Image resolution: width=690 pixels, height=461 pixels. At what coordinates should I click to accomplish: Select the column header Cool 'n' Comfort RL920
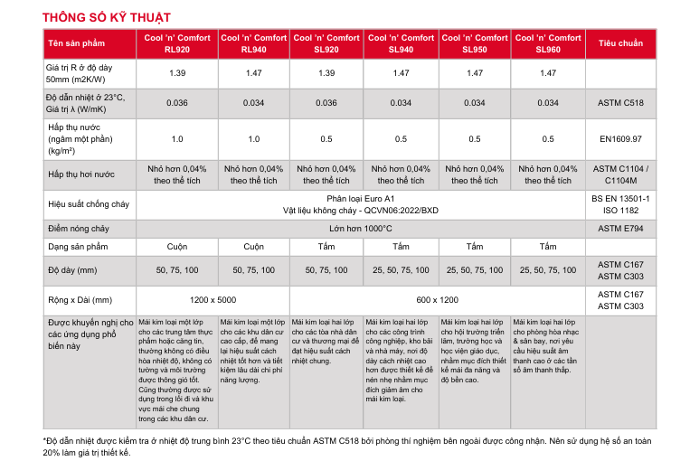click(x=177, y=43)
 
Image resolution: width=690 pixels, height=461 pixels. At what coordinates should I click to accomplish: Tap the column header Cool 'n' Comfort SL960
click(x=548, y=43)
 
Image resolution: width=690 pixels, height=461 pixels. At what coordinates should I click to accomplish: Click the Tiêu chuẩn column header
click(x=620, y=43)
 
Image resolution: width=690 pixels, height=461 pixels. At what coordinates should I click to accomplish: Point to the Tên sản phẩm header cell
click(x=77, y=43)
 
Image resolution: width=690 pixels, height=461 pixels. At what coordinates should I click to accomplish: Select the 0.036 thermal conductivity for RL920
click(x=177, y=102)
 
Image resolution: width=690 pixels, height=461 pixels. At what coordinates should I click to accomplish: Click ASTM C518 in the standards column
click(x=620, y=102)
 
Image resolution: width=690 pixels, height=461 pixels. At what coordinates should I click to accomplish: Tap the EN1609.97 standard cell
click(x=620, y=138)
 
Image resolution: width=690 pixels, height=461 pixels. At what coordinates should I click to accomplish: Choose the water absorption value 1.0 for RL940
click(x=253, y=138)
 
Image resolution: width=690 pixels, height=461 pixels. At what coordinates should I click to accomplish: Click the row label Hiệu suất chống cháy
click(x=84, y=203)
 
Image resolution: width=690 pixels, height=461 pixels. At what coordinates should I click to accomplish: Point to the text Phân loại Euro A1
click(x=362, y=197)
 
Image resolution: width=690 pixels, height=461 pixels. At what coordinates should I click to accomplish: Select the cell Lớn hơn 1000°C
click(x=362, y=229)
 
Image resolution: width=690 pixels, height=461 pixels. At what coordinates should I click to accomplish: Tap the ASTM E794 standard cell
click(x=620, y=229)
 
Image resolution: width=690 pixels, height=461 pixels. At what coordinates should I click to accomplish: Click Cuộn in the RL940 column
click(x=253, y=247)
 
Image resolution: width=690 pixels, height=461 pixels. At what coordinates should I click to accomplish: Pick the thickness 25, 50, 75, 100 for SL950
click(x=475, y=270)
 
